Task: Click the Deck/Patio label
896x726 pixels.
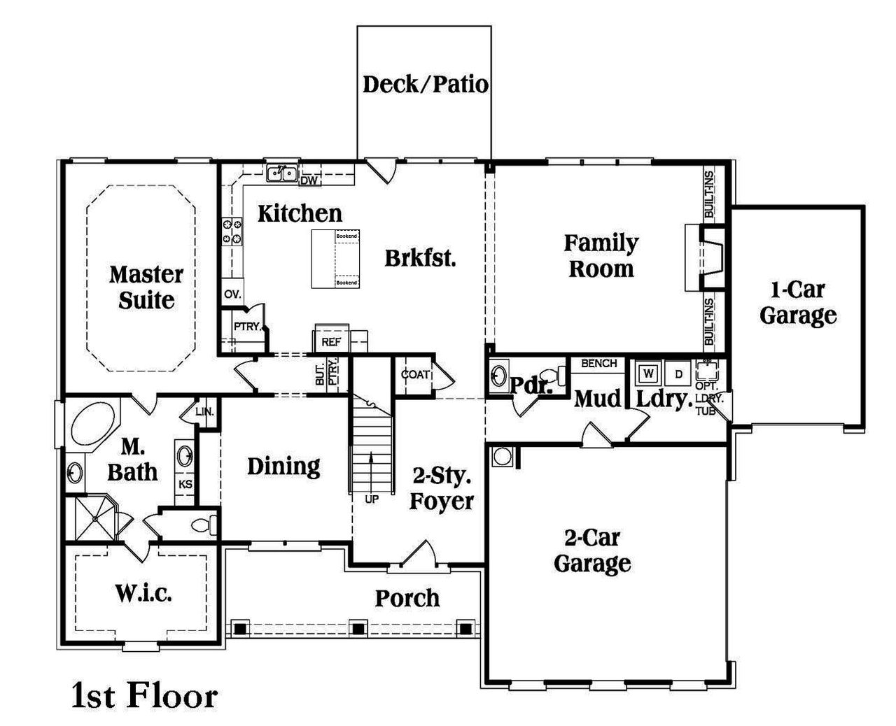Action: click(x=425, y=85)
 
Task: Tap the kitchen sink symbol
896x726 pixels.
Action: click(x=283, y=173)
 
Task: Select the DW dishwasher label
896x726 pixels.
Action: click(x=309, y=181)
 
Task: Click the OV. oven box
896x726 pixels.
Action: click(x=232, y=294)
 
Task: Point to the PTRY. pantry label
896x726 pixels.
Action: click(x=247, y=327)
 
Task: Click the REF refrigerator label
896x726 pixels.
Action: click(x=331, y=342)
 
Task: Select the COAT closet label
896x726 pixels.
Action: click(x=414, y=375)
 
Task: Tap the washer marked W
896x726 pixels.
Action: click(x=648, y=373)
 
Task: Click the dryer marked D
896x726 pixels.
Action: click(x=678, y=373)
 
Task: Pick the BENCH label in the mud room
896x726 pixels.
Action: click(x=598, y=363)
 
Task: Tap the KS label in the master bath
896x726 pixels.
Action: click(x=185, y=484)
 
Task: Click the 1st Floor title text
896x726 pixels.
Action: click(x=144, y=696)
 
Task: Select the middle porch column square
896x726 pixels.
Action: click(x=358, y=627)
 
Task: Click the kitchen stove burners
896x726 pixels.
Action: click(x=232, y=232)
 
